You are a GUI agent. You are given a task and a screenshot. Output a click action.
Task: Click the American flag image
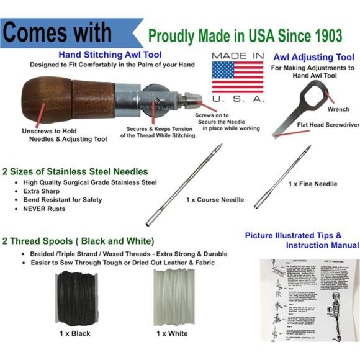coord(238,77)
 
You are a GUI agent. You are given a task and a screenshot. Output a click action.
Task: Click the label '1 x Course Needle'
coord(215,200)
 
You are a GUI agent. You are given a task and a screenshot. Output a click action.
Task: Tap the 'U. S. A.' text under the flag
coord(238,99)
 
